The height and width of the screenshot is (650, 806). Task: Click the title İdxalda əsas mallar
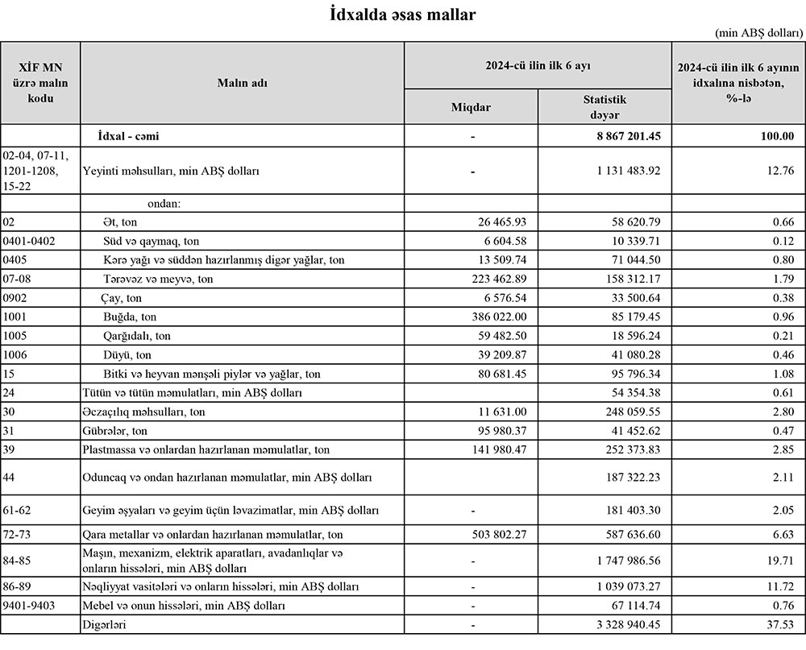402,14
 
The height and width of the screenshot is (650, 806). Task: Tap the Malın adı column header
242,83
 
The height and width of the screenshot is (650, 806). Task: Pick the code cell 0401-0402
30,241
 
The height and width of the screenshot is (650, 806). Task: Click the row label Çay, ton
123,298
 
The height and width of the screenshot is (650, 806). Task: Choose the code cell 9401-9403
30,606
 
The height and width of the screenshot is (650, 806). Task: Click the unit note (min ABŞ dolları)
758,33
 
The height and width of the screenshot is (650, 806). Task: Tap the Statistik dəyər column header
604,106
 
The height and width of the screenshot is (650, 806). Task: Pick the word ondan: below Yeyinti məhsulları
164,204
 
